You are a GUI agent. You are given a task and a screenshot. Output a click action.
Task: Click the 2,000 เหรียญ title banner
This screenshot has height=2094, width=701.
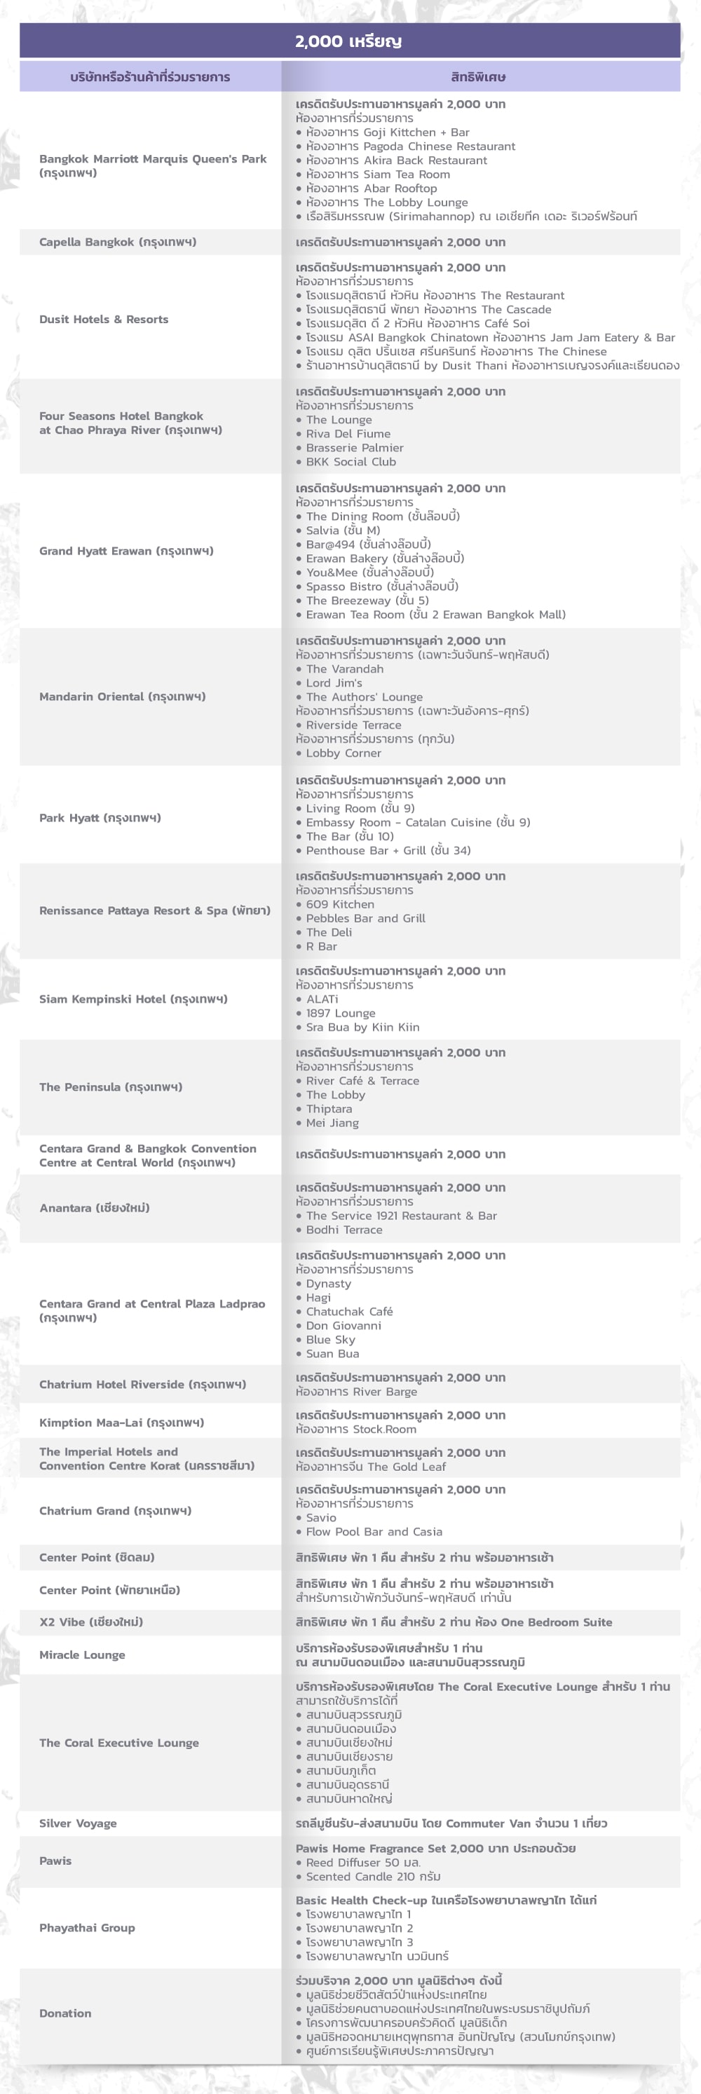coord(349,41)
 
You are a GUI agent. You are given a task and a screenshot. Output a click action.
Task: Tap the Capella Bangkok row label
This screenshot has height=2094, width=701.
coord(118,242)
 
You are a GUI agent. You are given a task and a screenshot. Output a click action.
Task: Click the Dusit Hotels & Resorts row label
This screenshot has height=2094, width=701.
coord(104,320)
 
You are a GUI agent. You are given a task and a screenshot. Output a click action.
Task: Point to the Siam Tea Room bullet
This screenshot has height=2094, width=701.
coord(377,174)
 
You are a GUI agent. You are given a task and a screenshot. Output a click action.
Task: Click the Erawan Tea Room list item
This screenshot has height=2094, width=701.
coord(435,615)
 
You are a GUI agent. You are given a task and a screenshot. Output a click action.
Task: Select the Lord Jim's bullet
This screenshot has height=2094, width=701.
coord(334,683)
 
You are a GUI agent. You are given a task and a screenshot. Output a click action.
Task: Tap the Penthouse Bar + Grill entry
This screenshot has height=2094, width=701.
coord(388,850)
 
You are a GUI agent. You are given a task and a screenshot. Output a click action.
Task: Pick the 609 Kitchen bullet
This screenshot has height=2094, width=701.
coord(340,904)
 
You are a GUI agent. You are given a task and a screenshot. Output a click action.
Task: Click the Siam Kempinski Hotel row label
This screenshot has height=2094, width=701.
coord(133,999)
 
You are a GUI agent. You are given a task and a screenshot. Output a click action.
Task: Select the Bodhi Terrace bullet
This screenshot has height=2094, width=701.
coord(344,1230)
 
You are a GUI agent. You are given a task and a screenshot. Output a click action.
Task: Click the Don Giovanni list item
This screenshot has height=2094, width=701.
coord(343,1325)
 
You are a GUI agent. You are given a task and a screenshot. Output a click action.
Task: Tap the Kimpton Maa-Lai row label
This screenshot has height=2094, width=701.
coord(122,1423)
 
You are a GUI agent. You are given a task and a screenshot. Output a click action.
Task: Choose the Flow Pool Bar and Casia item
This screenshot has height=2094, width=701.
coord(374,1531)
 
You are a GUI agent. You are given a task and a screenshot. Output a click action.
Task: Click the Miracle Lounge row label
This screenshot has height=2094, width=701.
coord(82,1655)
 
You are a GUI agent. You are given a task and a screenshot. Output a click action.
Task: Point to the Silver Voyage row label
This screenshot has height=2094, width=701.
coord(78,1823)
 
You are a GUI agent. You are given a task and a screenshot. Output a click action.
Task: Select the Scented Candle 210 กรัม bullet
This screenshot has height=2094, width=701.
coord(372,1876)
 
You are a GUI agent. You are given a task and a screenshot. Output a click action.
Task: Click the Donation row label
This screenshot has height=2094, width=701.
coord(65,2013)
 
